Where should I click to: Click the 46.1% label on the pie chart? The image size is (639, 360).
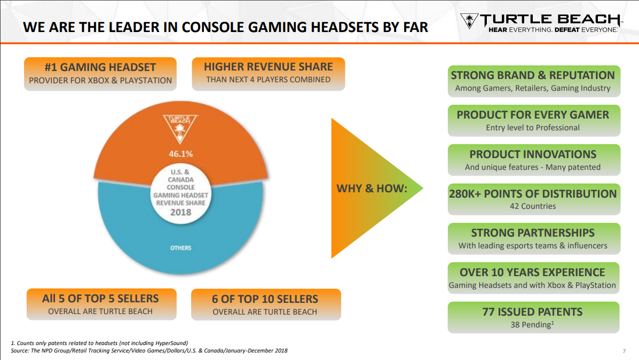coord(181,154)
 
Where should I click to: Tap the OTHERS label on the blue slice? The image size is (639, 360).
coord(180,248)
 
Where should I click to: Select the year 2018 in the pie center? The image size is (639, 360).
coord(180,212)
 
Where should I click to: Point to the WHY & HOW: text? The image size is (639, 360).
coord(372,189)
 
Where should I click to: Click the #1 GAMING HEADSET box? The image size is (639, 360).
coord(100,74)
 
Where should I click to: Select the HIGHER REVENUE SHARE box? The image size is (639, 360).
coord(268,74)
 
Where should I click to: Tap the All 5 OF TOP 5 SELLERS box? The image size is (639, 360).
coord(101,304)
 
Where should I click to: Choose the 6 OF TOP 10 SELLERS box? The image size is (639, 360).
coord(266,304)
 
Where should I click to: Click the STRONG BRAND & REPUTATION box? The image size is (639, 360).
coord(534,81)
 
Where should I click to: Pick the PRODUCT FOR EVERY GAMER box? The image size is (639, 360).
coord(534,121)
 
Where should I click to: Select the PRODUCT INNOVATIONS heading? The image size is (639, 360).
coord(533,154)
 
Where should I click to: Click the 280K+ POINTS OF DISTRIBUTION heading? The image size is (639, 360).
coord(533,194)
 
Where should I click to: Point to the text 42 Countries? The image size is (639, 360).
coord(533,206)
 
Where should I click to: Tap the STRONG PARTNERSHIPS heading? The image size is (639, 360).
coord(533,233)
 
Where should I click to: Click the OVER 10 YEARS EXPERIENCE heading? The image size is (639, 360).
coord(532,272)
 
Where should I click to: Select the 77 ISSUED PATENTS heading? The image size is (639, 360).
coord(532,312)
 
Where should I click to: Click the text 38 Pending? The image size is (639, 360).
coord(531,325)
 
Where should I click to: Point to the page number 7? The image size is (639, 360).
coord(624,351)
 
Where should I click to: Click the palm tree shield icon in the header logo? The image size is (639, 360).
coord(469,21)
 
